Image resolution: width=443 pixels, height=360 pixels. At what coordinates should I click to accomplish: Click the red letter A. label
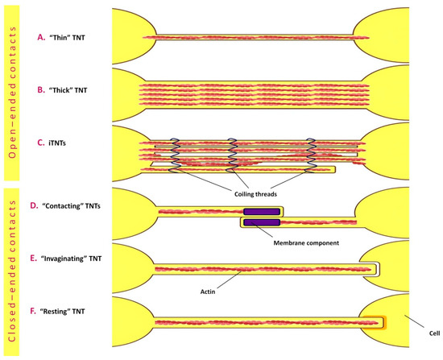click(41, 38)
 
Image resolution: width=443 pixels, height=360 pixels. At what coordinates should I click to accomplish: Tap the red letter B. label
click(41, 89)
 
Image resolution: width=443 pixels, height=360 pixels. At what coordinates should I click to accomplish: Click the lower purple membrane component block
click(262, 221)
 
